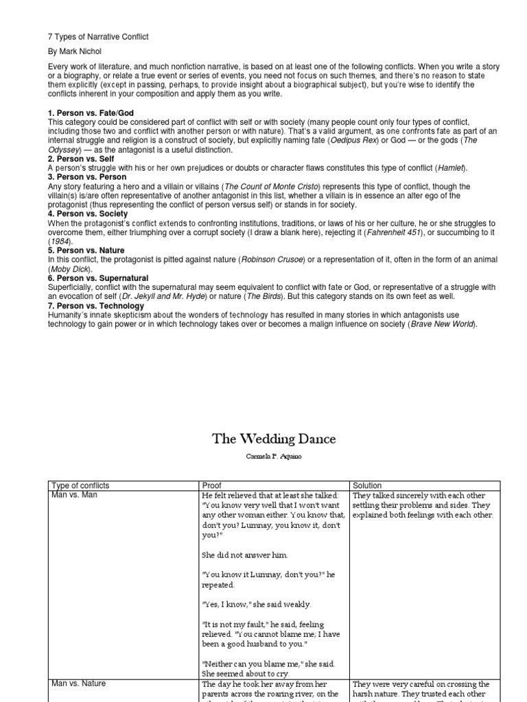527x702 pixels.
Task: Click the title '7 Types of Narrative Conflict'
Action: point(98,36)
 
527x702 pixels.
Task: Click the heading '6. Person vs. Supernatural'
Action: point(98,278)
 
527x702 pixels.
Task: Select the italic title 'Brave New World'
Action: point(441,324)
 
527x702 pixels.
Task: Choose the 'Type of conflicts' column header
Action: point(81,485)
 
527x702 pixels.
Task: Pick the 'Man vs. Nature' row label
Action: point(78,683)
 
